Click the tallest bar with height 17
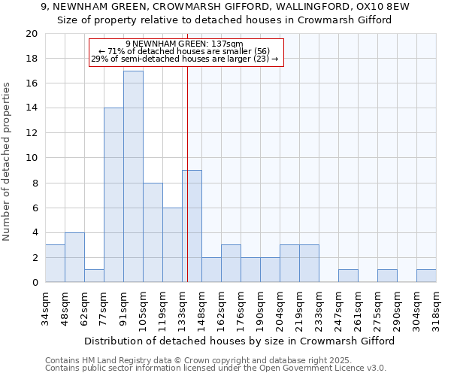pos(133,177)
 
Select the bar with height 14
pos(114,196)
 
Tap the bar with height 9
pos(192,226)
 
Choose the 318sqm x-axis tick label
pos(437,306)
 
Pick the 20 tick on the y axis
pos(31,34)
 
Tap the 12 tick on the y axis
pos(31,133)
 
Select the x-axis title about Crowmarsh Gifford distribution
pos(239,341)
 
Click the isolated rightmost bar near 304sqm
pos(426,276)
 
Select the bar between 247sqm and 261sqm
pos(348,276)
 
